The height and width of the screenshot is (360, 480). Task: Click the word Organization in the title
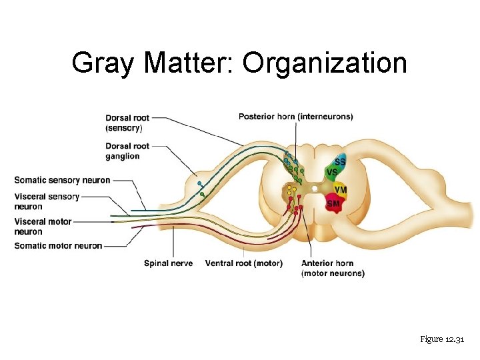point(325,63)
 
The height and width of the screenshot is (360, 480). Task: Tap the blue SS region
point(340,162)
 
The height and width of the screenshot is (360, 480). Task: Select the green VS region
point(331,172)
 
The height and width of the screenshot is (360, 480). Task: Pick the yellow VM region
point(340,189)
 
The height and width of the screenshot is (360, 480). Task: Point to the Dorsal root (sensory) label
point(127,123)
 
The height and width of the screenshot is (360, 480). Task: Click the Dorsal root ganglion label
point(127,151)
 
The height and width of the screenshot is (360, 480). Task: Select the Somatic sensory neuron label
point(62,180)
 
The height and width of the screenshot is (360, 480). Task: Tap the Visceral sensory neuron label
point(47,201)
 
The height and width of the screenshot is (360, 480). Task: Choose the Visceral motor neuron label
point(43,227)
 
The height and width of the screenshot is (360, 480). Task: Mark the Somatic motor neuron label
point(58,245)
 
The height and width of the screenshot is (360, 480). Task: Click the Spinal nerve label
point(168,263)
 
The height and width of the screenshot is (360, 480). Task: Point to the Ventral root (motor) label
point(243,263)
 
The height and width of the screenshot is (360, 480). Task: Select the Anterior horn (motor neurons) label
point(333,268)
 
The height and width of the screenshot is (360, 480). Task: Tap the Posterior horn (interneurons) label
point(295,117)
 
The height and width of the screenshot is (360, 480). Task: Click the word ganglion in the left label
point(123,156)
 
